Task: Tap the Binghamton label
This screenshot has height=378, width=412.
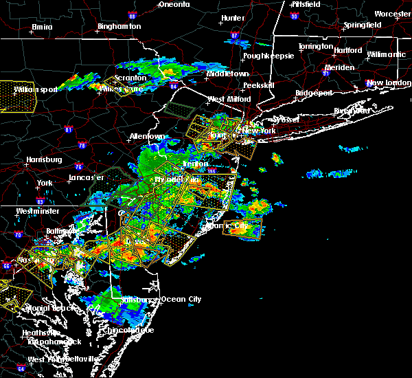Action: pyautogui.click(x=119, y=26)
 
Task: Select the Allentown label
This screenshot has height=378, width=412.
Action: pyautogui.click(x=148, y=136)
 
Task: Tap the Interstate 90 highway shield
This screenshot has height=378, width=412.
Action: pyautogui.click(x=295, y=15)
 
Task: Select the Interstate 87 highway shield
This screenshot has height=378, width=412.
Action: pyautogui.click(x=234, y=36)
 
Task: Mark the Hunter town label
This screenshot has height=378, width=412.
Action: pyautogui.click(x=233, y=18)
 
